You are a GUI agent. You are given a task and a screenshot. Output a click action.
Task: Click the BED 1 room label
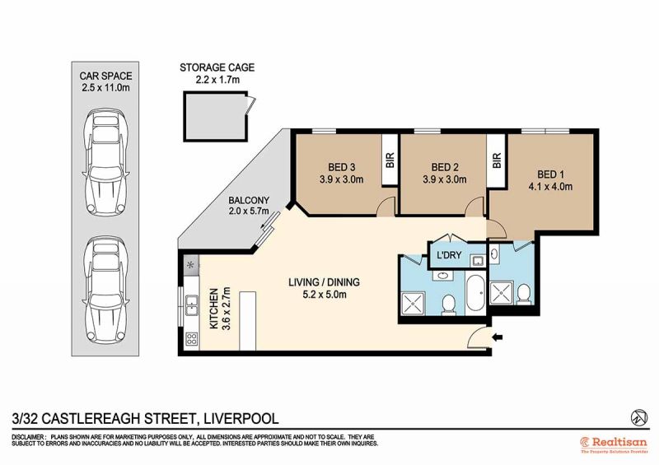coord(550,174)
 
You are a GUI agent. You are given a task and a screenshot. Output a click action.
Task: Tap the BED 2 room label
coord(445,167)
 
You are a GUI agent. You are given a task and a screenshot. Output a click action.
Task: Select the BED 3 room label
coord(341,167)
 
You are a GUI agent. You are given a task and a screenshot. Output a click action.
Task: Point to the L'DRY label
coord(449,255)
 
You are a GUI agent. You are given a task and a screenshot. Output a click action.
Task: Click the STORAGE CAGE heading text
coord(217,67)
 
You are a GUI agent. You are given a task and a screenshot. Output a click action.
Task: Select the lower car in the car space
coord(105,291)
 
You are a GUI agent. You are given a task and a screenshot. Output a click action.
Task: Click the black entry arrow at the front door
coord(498,337)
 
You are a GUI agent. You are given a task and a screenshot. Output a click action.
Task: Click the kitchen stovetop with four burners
coord(192,338)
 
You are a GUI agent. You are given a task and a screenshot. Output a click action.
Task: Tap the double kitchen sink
coord(192,305)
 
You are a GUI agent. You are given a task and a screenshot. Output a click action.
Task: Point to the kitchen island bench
coord(247,320)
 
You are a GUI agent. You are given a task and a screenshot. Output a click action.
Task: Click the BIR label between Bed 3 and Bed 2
coord(390,160)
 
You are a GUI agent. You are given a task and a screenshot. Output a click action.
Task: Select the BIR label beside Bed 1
coord(497,160)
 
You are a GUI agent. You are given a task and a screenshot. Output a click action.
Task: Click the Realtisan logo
coord(614,445)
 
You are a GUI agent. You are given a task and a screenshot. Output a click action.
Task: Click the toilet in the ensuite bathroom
coord(524,295)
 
